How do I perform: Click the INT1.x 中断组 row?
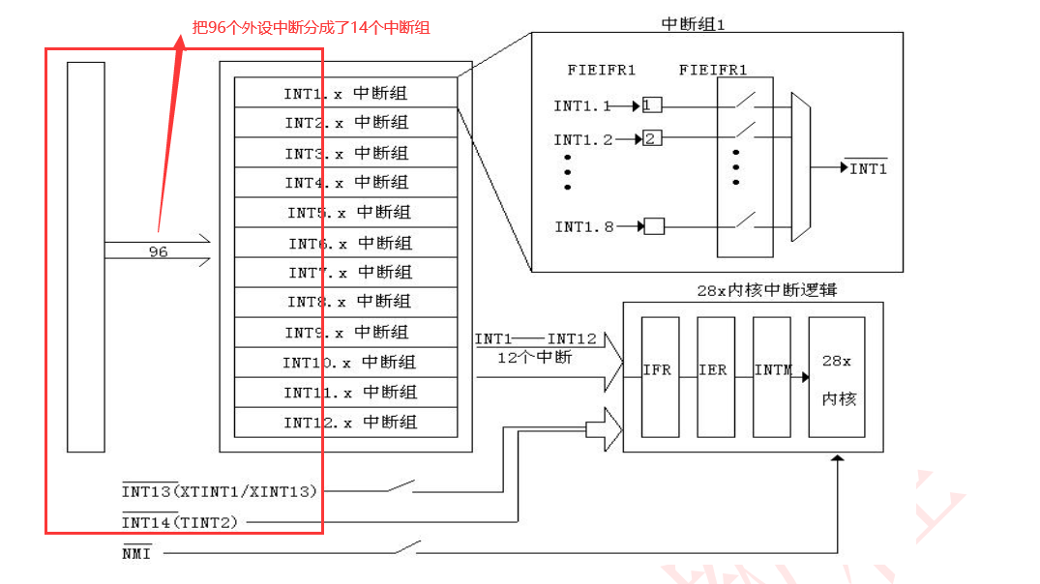(345, 93)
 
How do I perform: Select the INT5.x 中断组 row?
(345, 213)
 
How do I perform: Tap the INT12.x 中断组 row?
(345, 423)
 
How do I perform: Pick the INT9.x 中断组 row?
(345, 333)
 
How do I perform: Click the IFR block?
(659, 376)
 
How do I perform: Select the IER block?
(715, 376)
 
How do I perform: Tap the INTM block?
(771, 376)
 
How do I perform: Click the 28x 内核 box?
(836, 376)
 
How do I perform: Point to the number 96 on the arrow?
(158, 251)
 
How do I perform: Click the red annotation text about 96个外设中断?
(312, 27)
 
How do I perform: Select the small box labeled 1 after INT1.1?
(651, 105)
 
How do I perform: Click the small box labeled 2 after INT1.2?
(652, 139)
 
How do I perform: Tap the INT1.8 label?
(583, 227)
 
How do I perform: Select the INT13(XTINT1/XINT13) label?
(220, 491)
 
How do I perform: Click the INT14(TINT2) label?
(179, 522)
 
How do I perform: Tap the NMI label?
(136, 553)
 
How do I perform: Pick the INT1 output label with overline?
(867, 169)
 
